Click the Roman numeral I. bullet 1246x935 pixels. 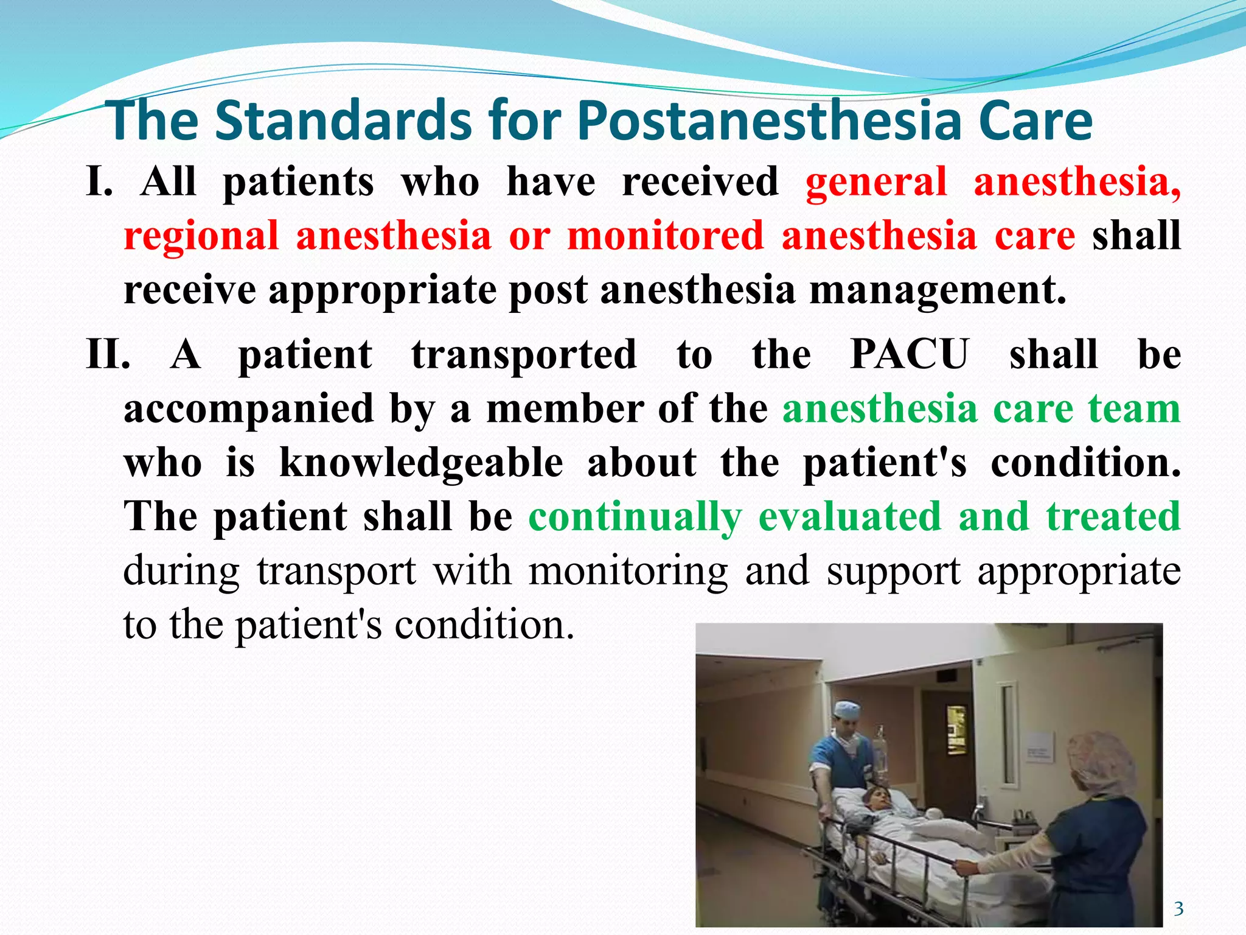click(x=100, y=181)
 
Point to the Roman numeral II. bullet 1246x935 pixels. click(x=108, y=354)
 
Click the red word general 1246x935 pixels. click(x=876, y=181)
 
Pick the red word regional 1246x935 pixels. click(x=201, y=236)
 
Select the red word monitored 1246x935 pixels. click(x=665, y=236)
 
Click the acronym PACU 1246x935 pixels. click(x=909, y=354)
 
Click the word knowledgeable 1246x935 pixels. click(x=421, y=463)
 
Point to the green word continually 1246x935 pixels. click(x=635, y=517)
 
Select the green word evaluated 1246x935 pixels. click(x=850, y=517)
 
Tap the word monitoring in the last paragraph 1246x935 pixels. click(x=628, y=571)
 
